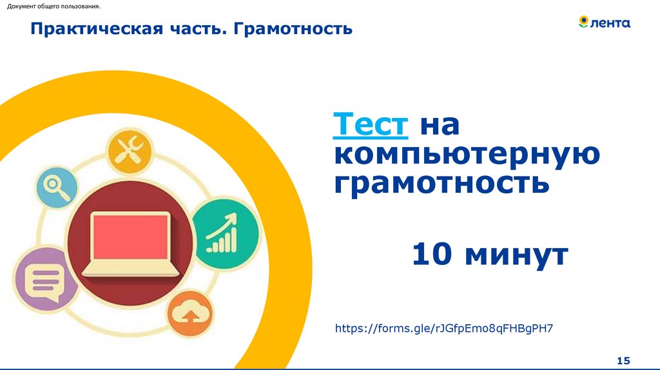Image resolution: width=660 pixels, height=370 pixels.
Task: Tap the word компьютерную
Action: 467,156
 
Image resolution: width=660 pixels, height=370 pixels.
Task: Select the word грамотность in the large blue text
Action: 442,184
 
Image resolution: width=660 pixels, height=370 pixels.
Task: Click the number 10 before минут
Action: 434,254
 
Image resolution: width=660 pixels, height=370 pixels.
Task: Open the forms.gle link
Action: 444,329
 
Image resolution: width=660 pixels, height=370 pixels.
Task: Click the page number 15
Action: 623,360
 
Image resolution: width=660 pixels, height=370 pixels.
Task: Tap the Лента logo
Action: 604,23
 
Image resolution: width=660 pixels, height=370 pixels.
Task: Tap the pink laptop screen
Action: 130,236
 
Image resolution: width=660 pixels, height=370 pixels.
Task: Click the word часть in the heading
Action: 197,29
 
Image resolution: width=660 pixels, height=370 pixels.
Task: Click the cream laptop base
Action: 130,268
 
